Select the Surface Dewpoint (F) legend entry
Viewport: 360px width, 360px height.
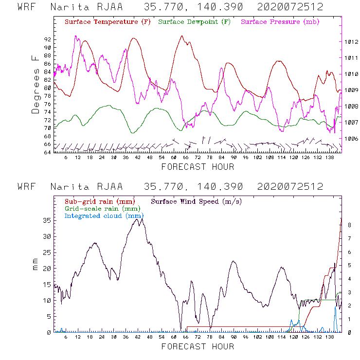tap(195, 22)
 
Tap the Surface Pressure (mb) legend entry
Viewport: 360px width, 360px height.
tap(279, 22)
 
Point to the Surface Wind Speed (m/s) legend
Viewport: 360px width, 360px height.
tap(197, 201)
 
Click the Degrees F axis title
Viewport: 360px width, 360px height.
tap(36, 84)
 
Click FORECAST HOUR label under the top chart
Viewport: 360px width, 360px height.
tap(198, 167)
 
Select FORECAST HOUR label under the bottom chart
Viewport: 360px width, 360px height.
tap(198, 347)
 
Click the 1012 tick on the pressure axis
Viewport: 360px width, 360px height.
tap(352, 42)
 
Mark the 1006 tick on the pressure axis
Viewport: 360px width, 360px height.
tap(352, 139)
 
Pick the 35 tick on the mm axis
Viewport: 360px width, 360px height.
tap(47, 220)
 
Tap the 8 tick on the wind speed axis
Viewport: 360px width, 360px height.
tap(349, 225)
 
